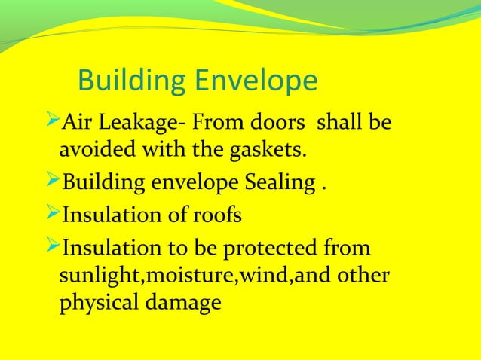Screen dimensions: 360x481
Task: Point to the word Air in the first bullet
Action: pyautogui.click(x=75, y=121)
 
